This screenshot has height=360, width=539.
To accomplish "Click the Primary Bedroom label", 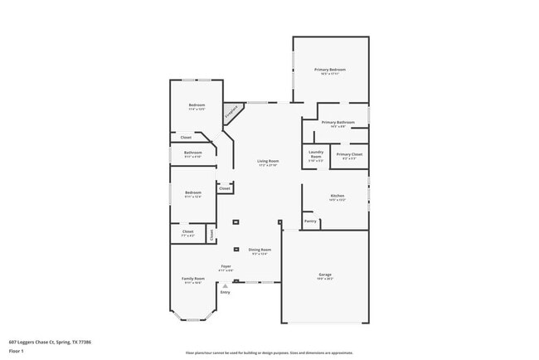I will tap(329, 70).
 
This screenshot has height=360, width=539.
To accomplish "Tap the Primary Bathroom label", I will tap(337, 123).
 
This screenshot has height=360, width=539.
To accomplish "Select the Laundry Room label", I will tap(315, 153).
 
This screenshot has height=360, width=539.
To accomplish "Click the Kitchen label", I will tap(337, 197).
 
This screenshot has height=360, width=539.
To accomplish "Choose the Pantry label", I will tap(310, 221).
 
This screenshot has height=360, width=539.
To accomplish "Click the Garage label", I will tap(325, 275).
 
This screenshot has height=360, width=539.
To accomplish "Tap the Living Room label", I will tap(267, 161).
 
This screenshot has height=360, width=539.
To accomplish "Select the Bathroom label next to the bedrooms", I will tap(193, 153).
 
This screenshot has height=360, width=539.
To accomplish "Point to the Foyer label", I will tap(226, 266).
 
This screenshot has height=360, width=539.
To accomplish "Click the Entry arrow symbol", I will tap(225, 285).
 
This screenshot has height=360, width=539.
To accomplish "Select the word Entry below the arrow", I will tap(225, 292).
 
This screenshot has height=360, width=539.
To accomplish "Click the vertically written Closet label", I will tap(211, 235).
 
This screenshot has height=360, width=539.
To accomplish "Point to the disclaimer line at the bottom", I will tap(269, 353).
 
